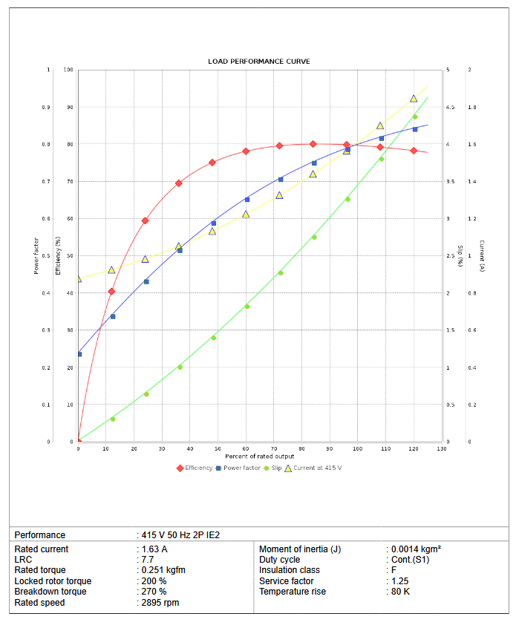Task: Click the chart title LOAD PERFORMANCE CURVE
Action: (x=259, y=61)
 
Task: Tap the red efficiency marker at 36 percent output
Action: (x=179, y=183)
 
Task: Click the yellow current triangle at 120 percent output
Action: (x=414, y=99)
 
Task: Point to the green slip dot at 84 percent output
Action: (x=314, y=238)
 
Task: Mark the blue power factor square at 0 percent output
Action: (x=79, y=354)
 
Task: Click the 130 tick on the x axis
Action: (x=442, y=448)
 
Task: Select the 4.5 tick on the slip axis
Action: (x=450, y=108)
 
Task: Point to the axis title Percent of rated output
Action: (x=259, y=456)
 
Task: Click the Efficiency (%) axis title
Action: (x=59, y=255)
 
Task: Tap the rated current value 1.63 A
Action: (x=154, y=549)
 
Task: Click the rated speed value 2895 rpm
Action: (x=160, y=603)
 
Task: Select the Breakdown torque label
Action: (x=50, y=592)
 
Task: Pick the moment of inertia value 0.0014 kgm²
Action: (x=417, y=549)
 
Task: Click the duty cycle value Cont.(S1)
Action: (x=411, y=560)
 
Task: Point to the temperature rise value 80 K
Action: (x=402, y=592)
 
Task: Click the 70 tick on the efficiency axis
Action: (x=69, y=182)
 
